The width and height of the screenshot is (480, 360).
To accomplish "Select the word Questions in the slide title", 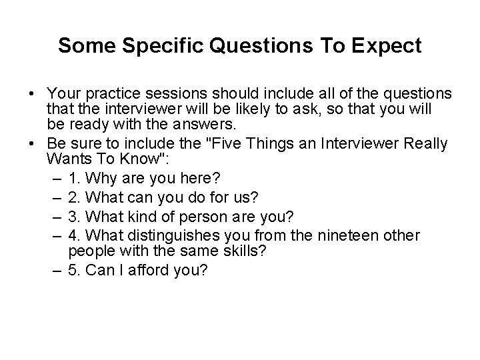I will click(x=254, y=46).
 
